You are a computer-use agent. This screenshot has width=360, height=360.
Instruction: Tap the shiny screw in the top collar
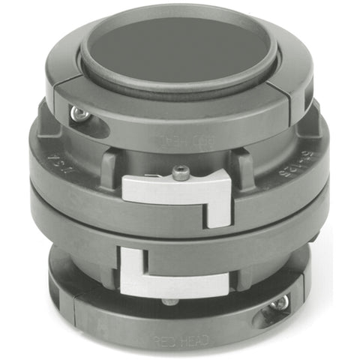click(76, 113)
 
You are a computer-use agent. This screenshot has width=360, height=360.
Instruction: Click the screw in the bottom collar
click(279, 304)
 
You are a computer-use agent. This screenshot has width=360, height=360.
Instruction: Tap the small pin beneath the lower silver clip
click(170, 301)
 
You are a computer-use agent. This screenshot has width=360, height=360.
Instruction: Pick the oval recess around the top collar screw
click(85, 120)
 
